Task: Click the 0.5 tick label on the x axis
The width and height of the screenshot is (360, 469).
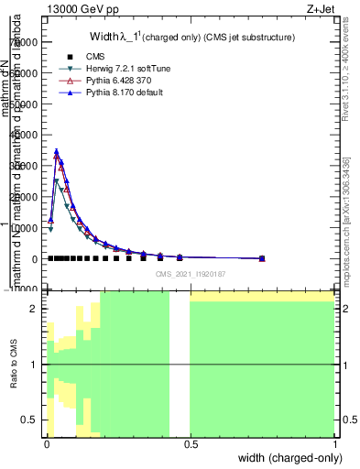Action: [191, 444]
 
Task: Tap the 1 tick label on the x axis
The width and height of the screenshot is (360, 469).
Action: [334, 444]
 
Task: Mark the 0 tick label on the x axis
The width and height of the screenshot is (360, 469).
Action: [47, 444]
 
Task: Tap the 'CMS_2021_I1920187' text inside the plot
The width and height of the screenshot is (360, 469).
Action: [191, 273]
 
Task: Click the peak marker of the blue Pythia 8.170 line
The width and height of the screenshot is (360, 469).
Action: [57, 152]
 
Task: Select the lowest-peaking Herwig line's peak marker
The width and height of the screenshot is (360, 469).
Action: [57, 181]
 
